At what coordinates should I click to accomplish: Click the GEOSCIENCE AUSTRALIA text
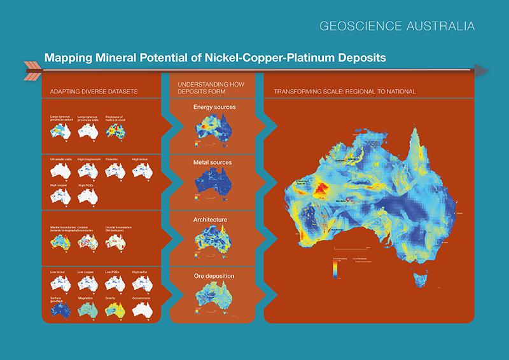pos(397,27)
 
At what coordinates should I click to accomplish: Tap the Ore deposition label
pos(214,277)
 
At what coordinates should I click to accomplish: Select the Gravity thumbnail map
pos(115,309)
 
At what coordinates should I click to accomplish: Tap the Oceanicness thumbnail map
pos(143,309)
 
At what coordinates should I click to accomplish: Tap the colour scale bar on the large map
pos(335,269)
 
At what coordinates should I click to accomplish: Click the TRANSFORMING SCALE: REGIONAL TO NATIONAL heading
pos(345,92)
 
